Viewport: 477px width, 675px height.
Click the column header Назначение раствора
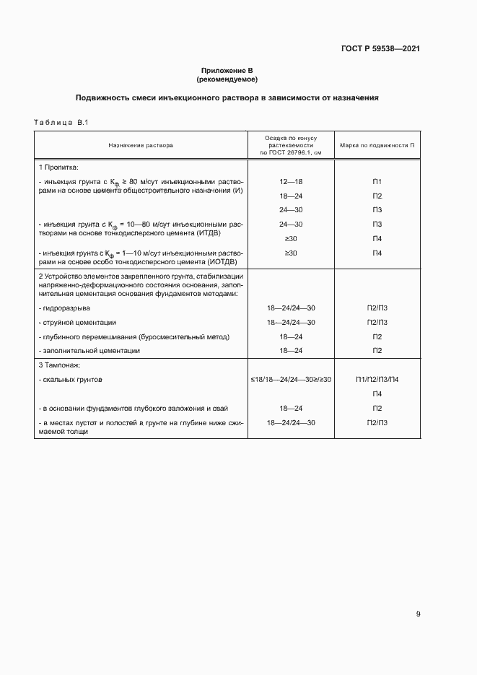pos(141,144)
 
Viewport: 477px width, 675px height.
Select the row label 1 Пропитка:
pos(60,167)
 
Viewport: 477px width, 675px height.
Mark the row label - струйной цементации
pos(77,322)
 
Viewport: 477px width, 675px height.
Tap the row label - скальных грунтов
pos(71,379)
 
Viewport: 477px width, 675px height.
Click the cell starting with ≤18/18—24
pos(291,379)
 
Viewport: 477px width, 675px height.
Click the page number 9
pos(418,615)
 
